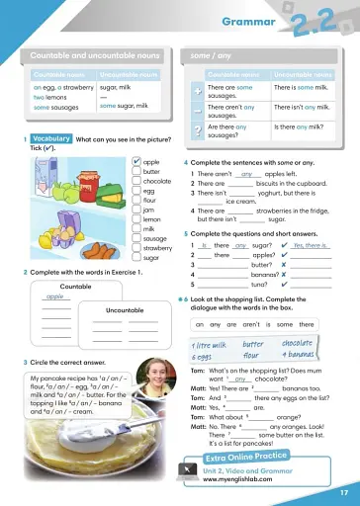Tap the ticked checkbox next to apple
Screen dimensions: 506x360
pos(135,161)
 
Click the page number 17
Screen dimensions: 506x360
pos(342,492)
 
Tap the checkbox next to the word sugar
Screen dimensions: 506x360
pos(135,257)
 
